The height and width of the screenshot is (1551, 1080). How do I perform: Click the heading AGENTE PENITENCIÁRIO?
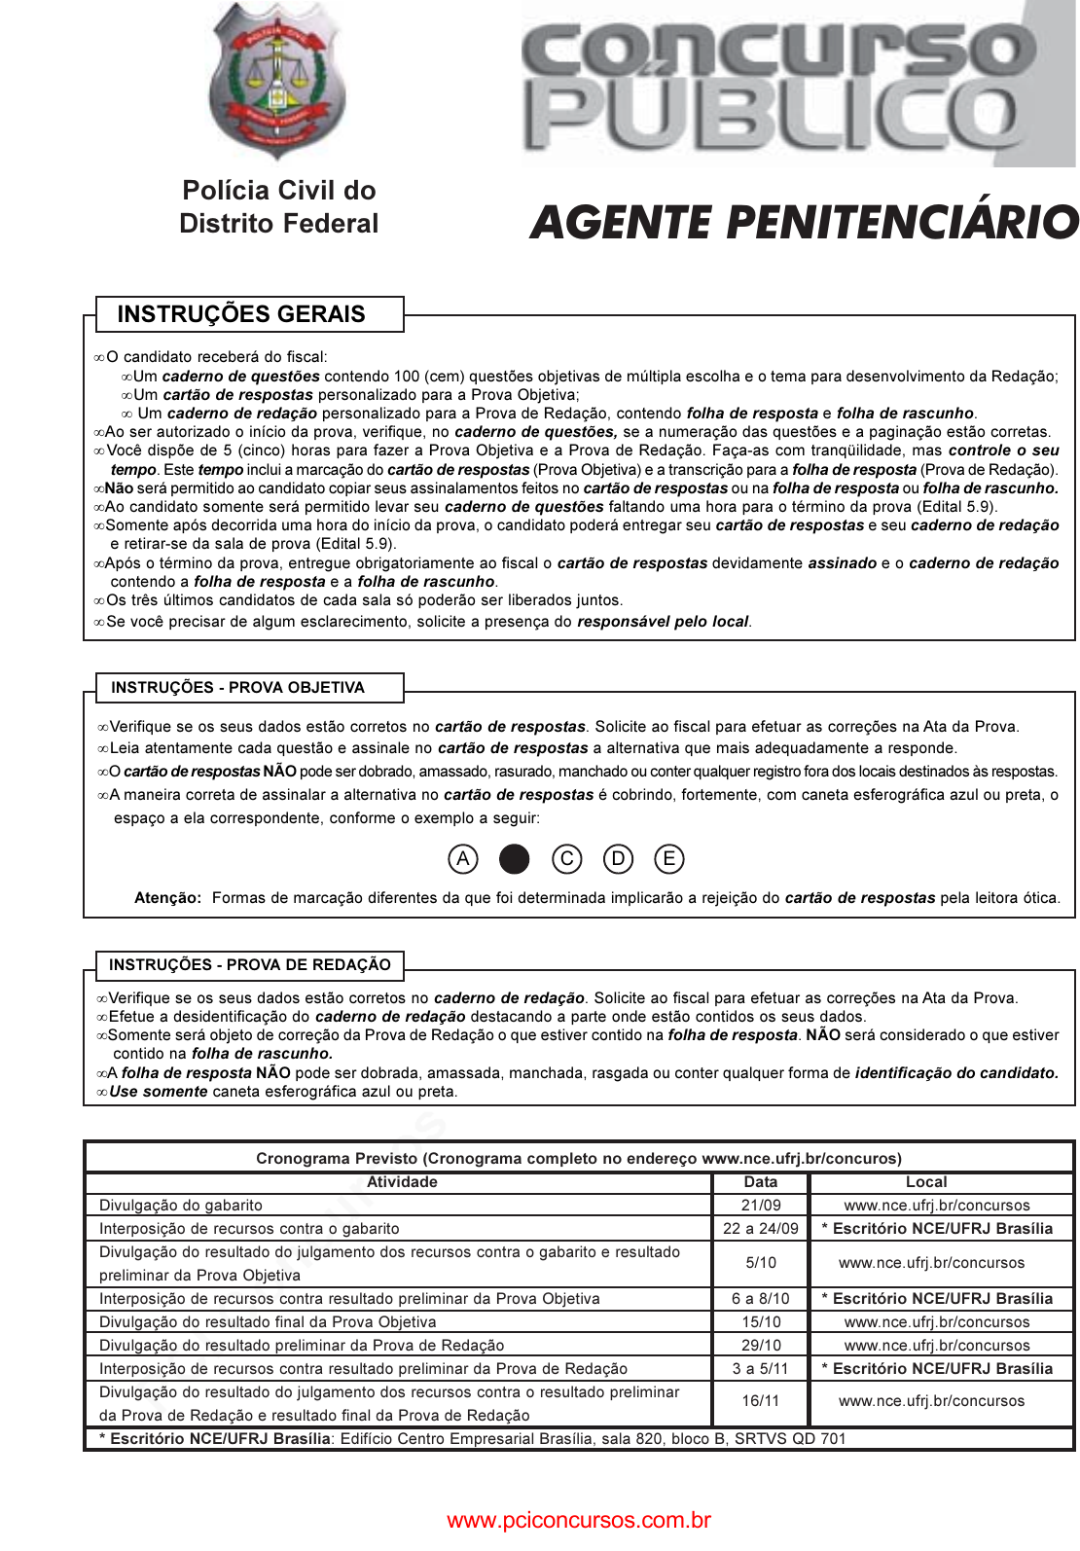click(x=804, y=222)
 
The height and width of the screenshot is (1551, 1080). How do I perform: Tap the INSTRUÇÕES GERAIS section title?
click(x=241, y=314)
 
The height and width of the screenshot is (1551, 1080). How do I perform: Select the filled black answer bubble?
click(x=514, y=859)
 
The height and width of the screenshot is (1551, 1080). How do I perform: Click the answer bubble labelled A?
click(x=463, y=859)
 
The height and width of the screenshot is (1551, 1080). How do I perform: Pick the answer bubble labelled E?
click(x=668, y=859)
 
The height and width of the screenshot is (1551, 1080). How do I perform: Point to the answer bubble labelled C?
click(x=566, y=859)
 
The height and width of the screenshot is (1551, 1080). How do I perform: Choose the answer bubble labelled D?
click(x=618, y=859)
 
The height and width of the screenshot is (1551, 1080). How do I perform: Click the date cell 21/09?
click(x=761, y=1206)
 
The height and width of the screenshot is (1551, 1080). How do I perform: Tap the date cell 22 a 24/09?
click(x=761, y=1229)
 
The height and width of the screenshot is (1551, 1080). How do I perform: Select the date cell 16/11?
click(x=761, y=1401)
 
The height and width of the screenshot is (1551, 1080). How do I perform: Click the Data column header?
click(x=761, y=1182)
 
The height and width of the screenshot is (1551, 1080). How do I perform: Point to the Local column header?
click(x=926, y=1182)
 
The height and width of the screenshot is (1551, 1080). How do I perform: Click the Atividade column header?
click(x=402, y=1182)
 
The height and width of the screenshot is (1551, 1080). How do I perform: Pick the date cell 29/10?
click(x=761, y=1346)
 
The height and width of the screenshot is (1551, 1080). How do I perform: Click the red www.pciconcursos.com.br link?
click(x=579, y=1520)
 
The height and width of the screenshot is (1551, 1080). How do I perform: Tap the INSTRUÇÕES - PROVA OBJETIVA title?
click(x=238, y=688)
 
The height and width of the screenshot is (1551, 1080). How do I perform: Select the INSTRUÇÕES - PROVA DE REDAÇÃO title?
click(x=250, y=965)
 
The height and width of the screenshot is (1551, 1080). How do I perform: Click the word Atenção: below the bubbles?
click(x=167, y=898)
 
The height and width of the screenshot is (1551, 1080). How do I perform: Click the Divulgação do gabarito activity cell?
click(x=181, y=1206)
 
